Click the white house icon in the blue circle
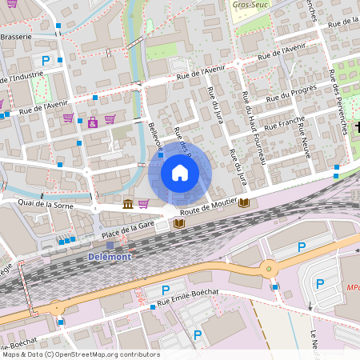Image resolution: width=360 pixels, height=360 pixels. (x=180, y=173)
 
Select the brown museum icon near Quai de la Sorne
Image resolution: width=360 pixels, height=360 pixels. (x=128, y=204)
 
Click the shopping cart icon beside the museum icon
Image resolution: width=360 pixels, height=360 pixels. (x=143, y=204)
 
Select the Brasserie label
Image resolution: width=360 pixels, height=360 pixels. (x=16, y=37)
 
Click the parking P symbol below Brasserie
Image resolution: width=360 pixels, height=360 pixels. (x=46, y=61)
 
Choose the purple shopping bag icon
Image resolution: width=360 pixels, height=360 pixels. (x=93, y=122)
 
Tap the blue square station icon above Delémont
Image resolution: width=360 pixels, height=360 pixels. (x=110, y=245)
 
